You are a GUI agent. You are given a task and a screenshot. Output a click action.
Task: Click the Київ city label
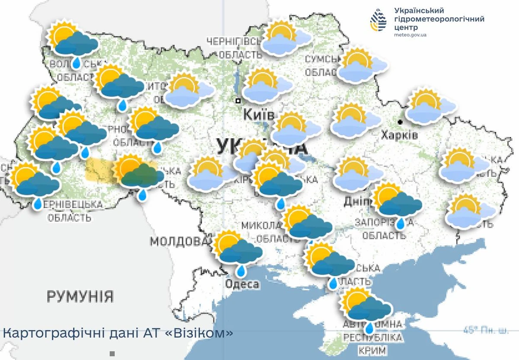(x=258, y=115)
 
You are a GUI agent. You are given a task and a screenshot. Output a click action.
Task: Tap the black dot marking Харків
(x=401, y=122)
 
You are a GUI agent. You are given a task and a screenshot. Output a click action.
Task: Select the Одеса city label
(x=242, y=284)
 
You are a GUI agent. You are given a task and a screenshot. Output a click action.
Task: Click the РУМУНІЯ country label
(x=80, y=296)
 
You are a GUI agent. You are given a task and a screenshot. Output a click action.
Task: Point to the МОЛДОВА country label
(x=177, y=241)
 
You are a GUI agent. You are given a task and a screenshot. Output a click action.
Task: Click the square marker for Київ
(x=237, y=101)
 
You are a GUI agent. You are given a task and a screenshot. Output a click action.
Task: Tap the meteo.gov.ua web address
(x=410, y=35)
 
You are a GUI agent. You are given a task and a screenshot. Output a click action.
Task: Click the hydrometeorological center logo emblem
(x=378, y=20)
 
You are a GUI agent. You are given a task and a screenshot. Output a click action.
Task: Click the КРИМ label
(x=372, y=350)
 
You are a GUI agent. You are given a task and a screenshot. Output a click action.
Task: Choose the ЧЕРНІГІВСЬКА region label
(x=234, y=41)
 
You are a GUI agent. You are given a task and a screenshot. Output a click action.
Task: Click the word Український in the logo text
(x=419, y=10)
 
